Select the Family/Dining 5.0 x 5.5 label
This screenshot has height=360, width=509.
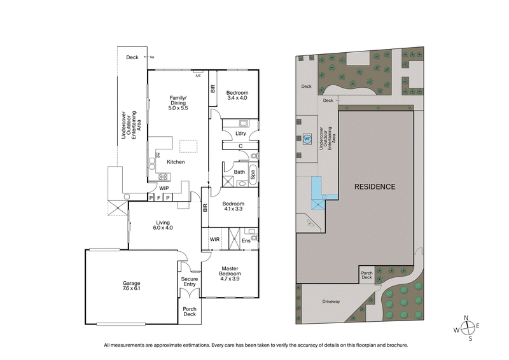[178, 102]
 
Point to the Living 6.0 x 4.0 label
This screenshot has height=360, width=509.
[162, 225]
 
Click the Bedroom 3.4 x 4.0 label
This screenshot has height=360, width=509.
[237, 95]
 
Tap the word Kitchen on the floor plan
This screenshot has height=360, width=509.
[176, 162]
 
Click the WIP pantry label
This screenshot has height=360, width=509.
[164, 188]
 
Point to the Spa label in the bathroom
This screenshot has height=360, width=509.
[253, 172]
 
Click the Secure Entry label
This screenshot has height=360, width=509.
[189, 281]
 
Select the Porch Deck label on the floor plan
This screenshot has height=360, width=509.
[189, 312]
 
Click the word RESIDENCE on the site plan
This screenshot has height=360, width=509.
[375, 187]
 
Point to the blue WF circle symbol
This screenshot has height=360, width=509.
[307, 138]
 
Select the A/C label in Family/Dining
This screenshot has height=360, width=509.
[198, 76]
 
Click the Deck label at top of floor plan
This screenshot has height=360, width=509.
[132, 57]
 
